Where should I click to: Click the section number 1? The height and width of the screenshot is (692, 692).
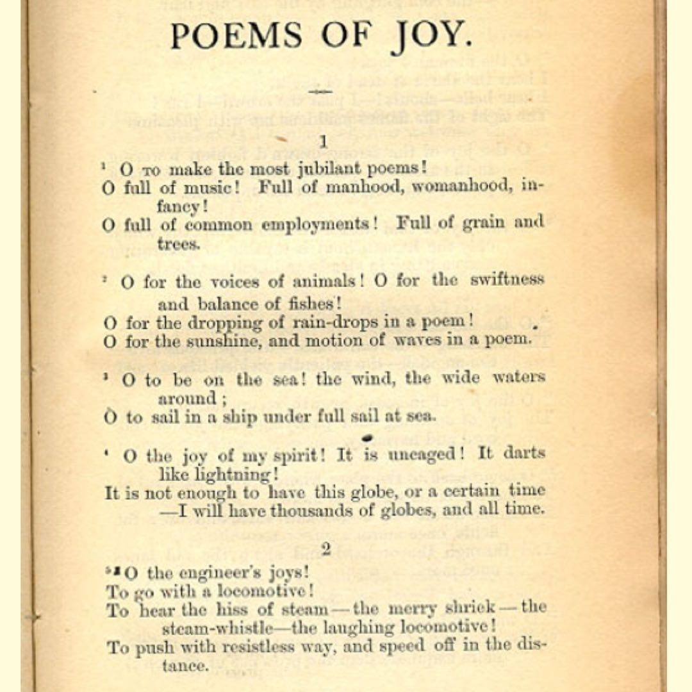pos(324,142)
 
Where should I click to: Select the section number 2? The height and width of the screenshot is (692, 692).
pos(326,549)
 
